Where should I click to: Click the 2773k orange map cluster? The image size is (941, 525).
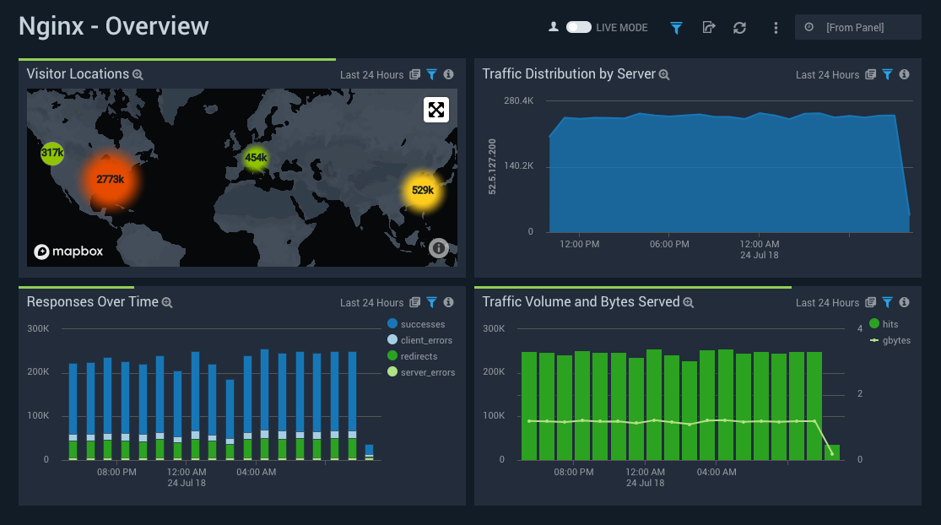coord(111,179)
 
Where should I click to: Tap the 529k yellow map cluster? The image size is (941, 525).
coord(422,190)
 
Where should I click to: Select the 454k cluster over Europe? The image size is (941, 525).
coord(256,158)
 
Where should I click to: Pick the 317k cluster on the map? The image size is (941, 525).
coord(52,153)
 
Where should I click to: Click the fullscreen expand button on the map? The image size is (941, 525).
coord(436,110)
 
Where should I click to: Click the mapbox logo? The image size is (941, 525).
coord(68,252)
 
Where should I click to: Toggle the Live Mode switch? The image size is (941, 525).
coord(579,27)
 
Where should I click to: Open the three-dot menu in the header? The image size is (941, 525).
coord(776,28)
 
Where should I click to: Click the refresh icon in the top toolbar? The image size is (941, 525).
coord(740,28)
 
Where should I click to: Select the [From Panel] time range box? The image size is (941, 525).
coord(857,27)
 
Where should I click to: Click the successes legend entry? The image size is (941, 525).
coord(422,324)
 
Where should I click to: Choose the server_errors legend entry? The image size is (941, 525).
coord(427,372)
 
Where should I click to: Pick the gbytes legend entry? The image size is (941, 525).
coord(895,340)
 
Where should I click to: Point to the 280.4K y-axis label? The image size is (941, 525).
coord(518,101)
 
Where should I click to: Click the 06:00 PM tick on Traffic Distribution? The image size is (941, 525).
coord(669,244)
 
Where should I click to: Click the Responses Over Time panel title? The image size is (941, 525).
coord(92,301)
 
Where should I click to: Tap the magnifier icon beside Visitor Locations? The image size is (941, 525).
coord(138,74)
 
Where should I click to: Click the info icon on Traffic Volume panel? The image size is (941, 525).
coord(904,302)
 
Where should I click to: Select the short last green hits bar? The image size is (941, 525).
coord(832,452)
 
